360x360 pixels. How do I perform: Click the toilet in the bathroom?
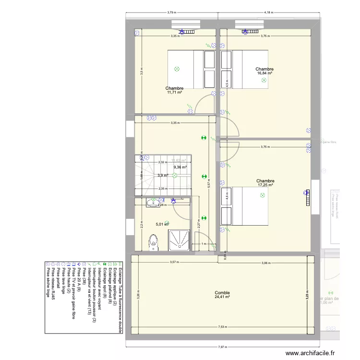[x=154, y=241]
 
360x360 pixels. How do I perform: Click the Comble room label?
[x=222, y=293]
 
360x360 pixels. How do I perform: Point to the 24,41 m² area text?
[x=222, y=297]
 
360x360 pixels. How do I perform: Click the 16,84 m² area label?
[x=264, y=73]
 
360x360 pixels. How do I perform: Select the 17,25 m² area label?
[x=265, y=185]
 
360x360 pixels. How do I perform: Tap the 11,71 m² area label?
[x=174, y=92]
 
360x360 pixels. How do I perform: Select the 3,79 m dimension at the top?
[x=172, y=12]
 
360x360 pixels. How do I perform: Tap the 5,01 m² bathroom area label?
[x=162, y=224]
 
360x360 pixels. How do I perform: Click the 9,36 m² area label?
[x=180, y=167]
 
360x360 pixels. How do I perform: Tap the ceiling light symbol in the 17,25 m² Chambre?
[x=262, y=195]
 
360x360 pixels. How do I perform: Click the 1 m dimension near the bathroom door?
[x=204, y=244]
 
